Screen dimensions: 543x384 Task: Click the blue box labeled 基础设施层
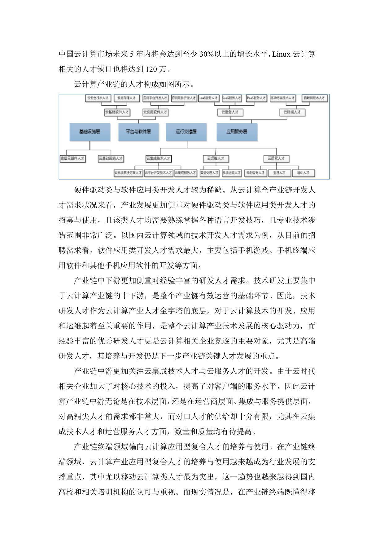click(90, 132)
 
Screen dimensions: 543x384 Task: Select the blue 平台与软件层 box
click(138, 132)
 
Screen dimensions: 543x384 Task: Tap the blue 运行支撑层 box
click(186, 132)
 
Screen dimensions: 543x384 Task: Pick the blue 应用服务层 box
click(237, 132)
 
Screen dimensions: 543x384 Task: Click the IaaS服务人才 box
click(208, 98)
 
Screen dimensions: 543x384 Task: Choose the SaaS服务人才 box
click(232, 98)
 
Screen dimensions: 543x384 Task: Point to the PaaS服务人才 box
click(256, 98)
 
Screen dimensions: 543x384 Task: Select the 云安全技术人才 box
click(98, 98)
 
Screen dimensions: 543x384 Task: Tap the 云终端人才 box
click(292, 112)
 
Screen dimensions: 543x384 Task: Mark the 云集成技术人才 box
click(159, 158)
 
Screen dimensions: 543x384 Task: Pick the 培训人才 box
click(303, 173)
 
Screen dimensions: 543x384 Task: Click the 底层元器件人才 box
click(72, 158)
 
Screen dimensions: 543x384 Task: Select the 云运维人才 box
click(216, 158)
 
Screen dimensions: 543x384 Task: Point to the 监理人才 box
click(279, 173)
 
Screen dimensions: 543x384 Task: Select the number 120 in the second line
click(151, 69)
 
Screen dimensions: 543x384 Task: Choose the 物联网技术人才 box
click(314, 98)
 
